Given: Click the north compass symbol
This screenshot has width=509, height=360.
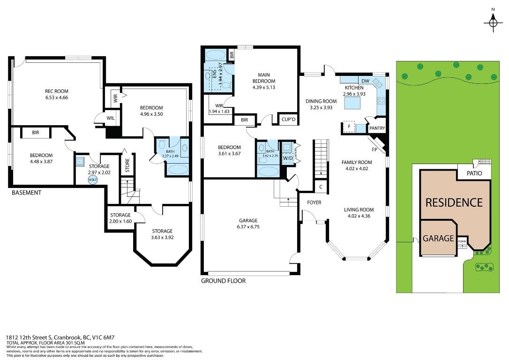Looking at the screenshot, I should [x=493, y=22].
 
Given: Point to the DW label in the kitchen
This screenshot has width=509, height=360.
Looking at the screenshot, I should [x=366, y=81].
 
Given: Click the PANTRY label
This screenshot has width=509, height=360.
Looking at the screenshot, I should [x=377, y=128].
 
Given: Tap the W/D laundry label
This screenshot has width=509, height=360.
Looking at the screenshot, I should [x=287, y=158].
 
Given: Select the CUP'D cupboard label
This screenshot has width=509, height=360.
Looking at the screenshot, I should [x=288, y=120].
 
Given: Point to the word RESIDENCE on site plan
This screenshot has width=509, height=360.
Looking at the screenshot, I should [x=454, y=202].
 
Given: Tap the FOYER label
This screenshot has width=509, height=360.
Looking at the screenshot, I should [x=314, y=202].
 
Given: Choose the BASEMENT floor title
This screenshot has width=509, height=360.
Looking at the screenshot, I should [x=27, y=193].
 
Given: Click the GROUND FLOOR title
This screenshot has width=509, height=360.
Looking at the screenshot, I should [x=223, y=281].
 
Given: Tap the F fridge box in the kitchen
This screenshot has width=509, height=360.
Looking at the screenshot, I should [x=348, y=127].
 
